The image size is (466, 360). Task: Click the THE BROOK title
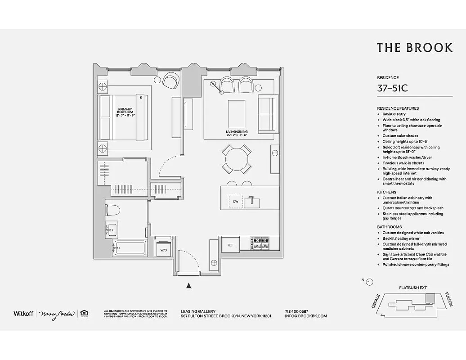pyautogui.click(x=414, y=48)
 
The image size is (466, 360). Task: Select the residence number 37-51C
pyautogui.click(x=392, y=88)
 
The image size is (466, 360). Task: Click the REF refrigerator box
pyautogui.click(x=230, y=245)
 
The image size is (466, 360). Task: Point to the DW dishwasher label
pyautogui.click(x=235, y=202)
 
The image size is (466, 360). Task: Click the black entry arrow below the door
pyautogui.click(x=189, y=285)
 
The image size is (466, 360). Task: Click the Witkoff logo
pyautogui.click(x=22, y=313)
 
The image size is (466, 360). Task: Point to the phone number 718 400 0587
pyautogui.click(x=296, y=311)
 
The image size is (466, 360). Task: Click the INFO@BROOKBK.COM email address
pyautogui.click(x=306, y=316)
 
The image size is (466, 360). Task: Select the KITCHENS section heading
pyautogui.click(x=386, y=192)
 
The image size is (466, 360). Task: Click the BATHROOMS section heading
pyautogui.click(x=389, y=227)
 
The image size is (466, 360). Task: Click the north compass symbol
pyautogui.click(x=369, y=282)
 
